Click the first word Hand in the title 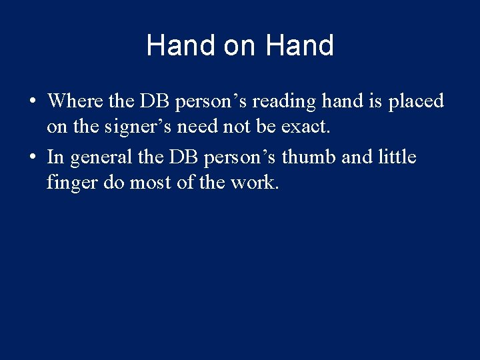coord(181,45)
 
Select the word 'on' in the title coord(239,47)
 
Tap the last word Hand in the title coord(299,45)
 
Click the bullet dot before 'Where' coord(33,100)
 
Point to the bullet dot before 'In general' coord(33,157)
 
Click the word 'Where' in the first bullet coord(75,101)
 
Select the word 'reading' coord(284,102)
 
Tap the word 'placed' coord(416,102)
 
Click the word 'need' coord(197,126)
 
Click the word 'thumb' coord(309,157)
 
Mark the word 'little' coord(397,157)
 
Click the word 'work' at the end coord(253,182)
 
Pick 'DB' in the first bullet coord(154,101)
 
